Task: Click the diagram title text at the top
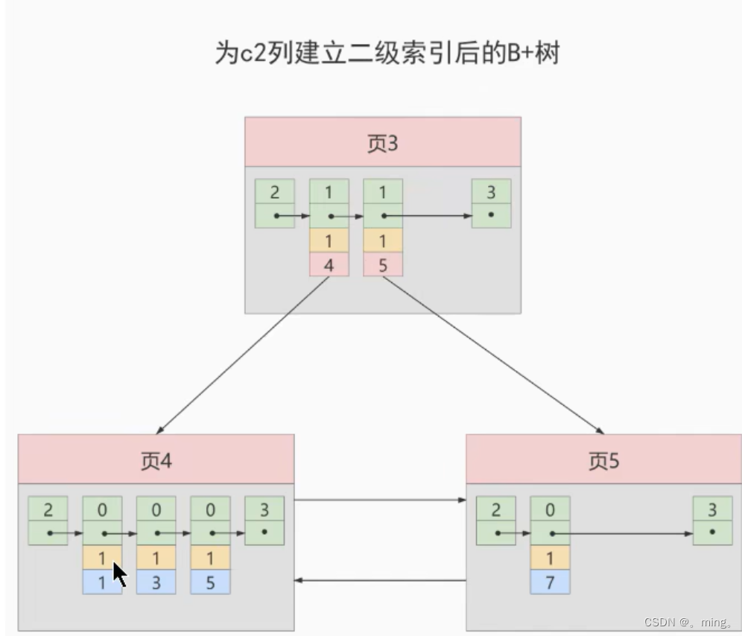click(x=387, y=54)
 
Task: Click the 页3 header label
click(x=382, y=142)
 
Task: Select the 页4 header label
click(x=156, y=460)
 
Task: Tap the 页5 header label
click(x=603, y=461)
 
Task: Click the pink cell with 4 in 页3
click(x=329, y=264)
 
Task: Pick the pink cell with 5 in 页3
click(x=383, y=264)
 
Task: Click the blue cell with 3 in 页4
click(x=156, y=582)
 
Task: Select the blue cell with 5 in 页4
click(x=210, y=582)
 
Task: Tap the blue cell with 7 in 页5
click(x=550, y=582)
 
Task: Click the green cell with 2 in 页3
click(x=274, y=191)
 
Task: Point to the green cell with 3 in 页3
click(x=491, y=191)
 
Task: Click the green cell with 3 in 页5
click(x=712, y=509)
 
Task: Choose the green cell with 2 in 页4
click(x=48, y=509)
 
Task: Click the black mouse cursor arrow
click(x=119, y=574)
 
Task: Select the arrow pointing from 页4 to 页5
click(x=380, y=500)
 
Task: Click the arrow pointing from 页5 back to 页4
click(x=380, y=581)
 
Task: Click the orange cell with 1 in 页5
click(x=550, y=558)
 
